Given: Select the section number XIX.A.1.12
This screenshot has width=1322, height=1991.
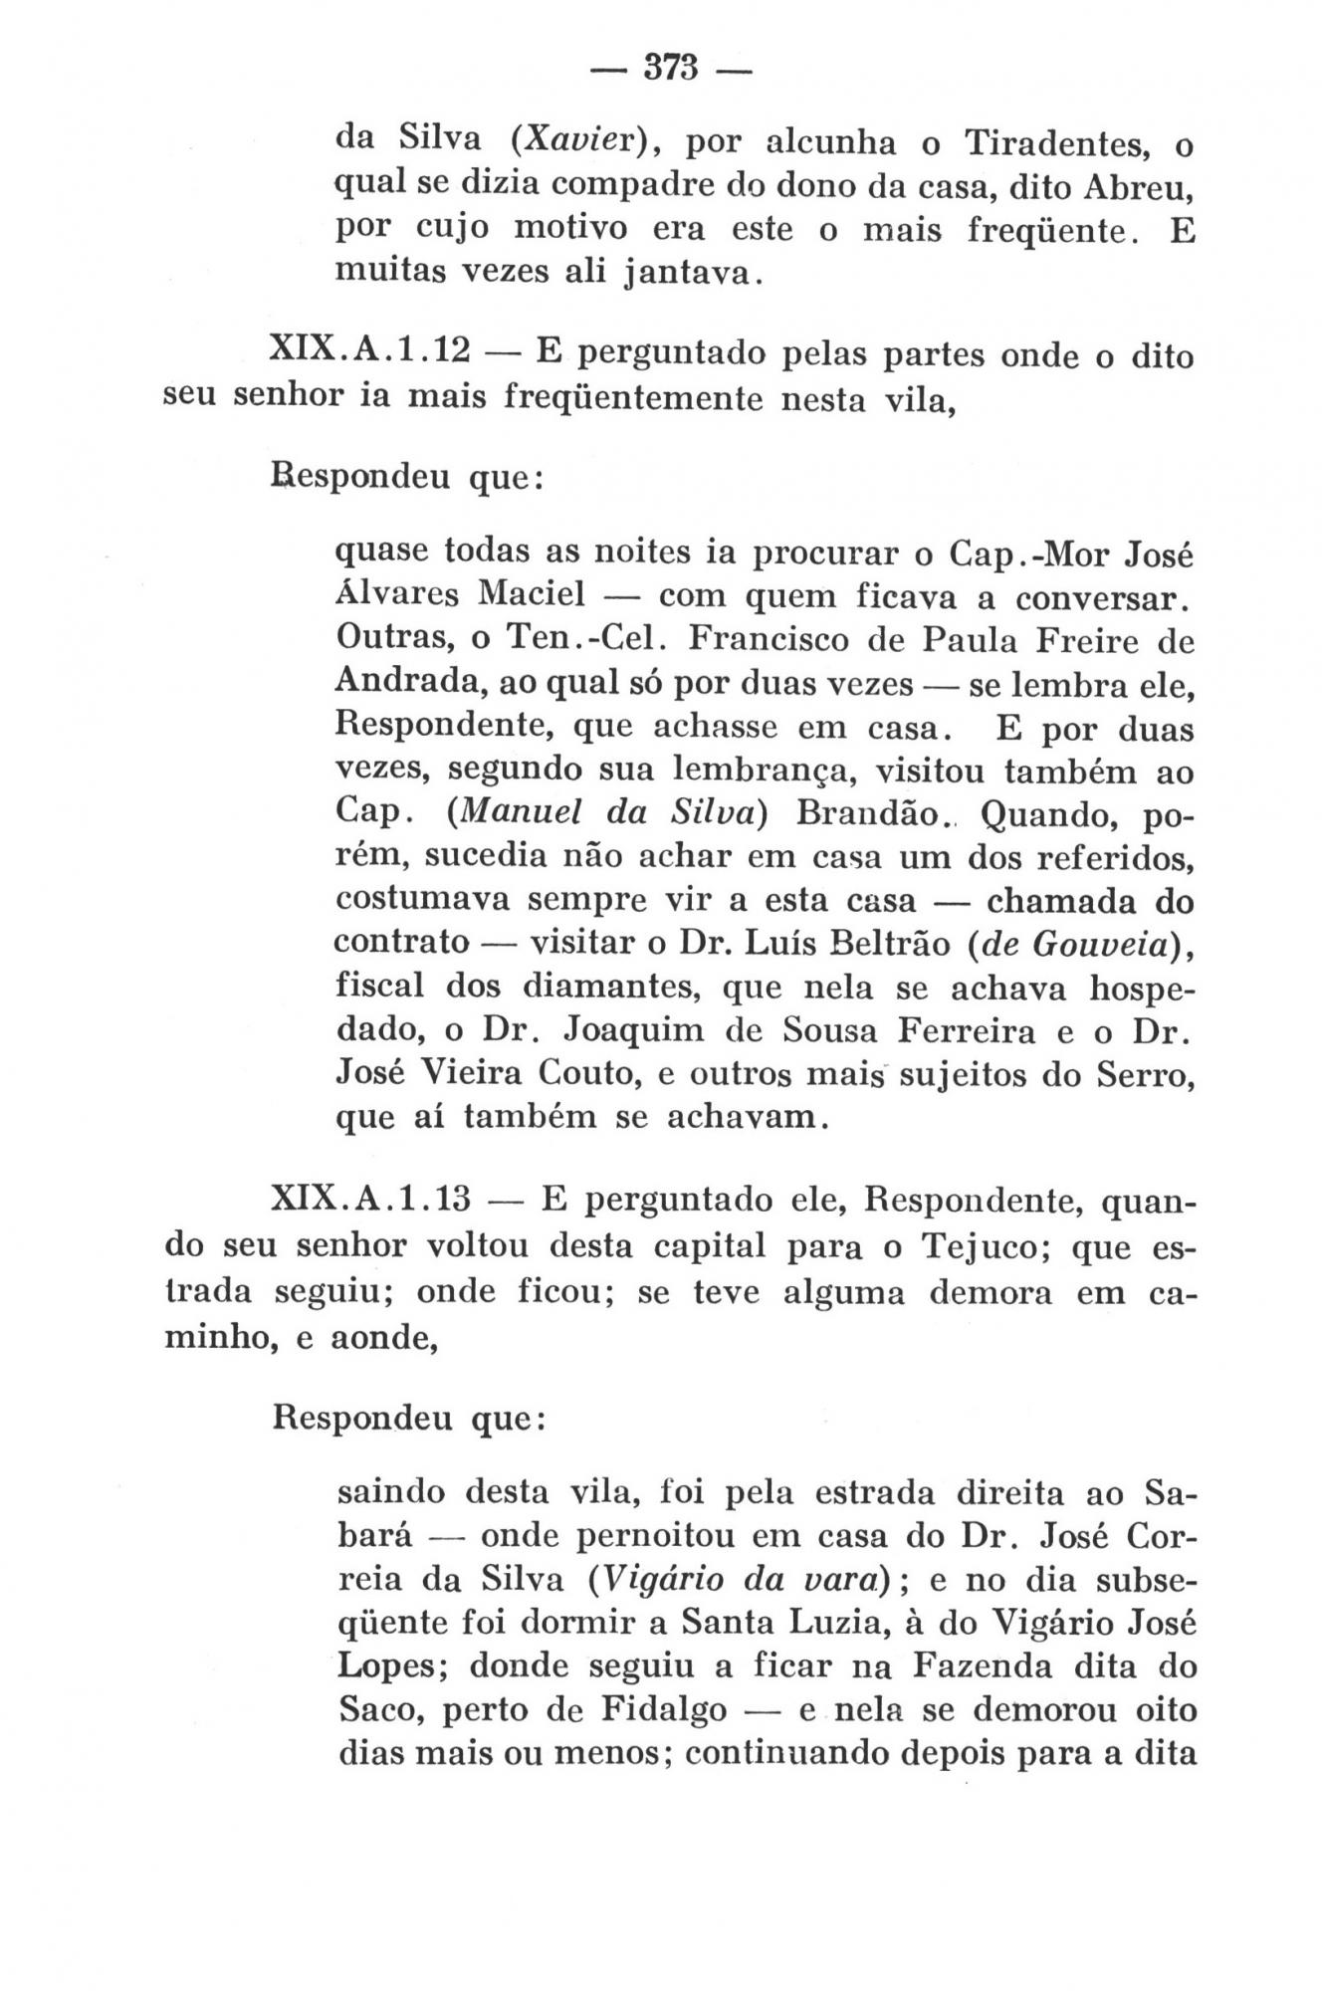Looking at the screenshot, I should tap(369, 353).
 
